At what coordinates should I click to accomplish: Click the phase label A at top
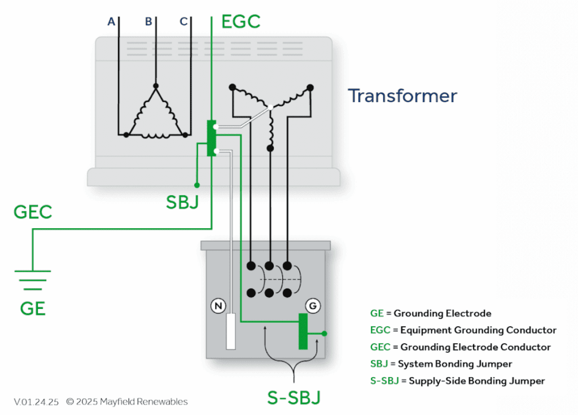click(x=111, y=21)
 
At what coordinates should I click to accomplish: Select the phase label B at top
click(x=148, y=21)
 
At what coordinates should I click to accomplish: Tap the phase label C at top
click(x=183, y=21)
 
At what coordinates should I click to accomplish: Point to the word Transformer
click(x=402, y=95)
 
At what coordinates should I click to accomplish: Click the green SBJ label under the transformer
click(x=182, y=202)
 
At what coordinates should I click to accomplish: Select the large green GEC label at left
click(x=33, y=212)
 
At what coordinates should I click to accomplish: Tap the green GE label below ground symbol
click(x=33, y=308)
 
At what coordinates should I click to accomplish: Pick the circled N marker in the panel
click(x=218, y=306)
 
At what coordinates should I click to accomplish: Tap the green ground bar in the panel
click(x=303, y=331)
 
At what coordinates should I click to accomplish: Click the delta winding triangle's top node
click(x=156, y=86)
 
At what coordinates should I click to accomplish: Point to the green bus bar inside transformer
click(x=211, y=138)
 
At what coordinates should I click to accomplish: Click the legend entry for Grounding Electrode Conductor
click(x=460, y=347)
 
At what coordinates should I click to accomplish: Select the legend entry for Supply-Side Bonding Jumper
click(x=457, y=381)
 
